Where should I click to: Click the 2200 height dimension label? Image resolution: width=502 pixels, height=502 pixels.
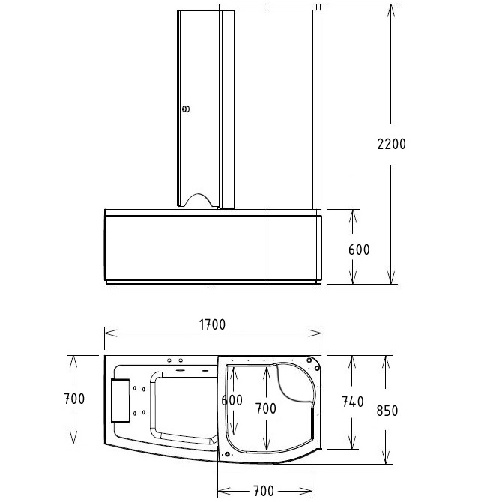click(390, 144)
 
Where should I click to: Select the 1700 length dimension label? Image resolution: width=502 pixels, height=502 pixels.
click(212, 324)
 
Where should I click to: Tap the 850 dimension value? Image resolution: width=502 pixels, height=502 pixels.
click(387, 411)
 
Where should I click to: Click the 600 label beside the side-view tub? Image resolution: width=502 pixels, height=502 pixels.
click(360, 250)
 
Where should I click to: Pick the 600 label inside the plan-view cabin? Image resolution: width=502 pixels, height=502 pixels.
click(232, 400)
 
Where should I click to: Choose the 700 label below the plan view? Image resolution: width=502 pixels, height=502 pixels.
click(262, 491)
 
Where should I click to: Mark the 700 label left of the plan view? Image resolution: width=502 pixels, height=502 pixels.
click(73, 398)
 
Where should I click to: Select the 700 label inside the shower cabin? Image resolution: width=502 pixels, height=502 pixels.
click(265, 408)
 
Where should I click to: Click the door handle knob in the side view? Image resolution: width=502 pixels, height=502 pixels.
click(186, 110)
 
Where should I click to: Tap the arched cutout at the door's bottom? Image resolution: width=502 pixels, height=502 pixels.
click(199, 199)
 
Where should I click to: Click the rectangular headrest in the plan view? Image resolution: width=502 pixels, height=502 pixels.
click(119, 399)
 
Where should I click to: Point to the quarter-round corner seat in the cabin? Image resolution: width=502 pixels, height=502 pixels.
click(297, 383)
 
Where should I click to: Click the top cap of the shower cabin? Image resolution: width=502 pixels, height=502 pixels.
click(270, 7)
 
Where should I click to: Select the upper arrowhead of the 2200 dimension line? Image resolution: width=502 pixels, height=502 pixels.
click(390, 9)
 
